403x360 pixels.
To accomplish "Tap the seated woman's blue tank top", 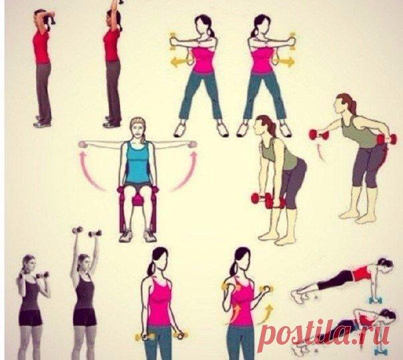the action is click(138, 162).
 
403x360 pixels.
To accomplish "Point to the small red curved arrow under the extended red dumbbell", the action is click(320, 152).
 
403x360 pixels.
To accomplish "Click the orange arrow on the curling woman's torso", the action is click(236, 313).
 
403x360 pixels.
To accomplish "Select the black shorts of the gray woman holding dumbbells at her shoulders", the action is click(30, 317).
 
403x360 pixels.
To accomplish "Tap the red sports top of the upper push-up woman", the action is click(362, 273).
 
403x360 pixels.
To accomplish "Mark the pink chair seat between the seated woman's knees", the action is click(138, 200).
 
